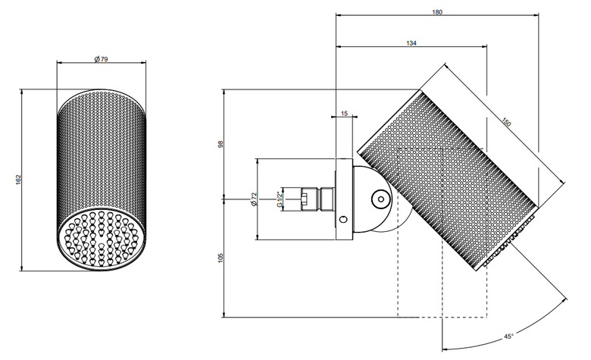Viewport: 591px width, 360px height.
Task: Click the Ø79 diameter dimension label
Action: (x=101, y=59)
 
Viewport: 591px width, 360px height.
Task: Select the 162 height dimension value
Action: (x=18, y=180)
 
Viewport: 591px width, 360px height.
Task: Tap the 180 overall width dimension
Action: (x=437, y=12)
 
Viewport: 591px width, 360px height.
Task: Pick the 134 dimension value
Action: (x=411, y=43)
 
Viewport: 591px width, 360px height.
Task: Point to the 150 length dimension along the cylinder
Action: (x=506, y=123)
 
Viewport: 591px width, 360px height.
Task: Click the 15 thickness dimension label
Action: (x=344, y=114)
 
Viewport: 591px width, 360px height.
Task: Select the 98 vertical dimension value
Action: (x=220, y=144)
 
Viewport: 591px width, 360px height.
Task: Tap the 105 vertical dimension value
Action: (x=220, y=258)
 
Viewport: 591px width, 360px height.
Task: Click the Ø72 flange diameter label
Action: (x=253, y=199)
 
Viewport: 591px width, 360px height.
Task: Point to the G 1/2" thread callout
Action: (x=280, y=199)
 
